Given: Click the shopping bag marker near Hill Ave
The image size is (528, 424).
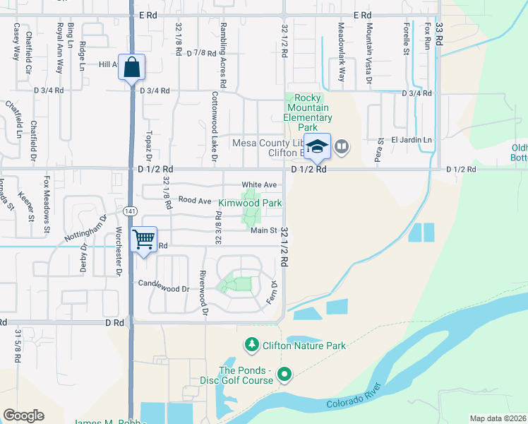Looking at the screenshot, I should pyautogui.click(x=131, y=69).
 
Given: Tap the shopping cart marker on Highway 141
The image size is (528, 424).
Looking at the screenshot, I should pyautogui.click(x=144, y=240).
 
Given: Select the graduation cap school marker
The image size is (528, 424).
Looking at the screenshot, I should pyautogui.click(x=318, y=147).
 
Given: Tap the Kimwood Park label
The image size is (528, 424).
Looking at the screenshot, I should pyautogui.click(x=250, y=203).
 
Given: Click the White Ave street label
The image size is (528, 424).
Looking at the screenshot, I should pyautogui.click(x=259, y=185).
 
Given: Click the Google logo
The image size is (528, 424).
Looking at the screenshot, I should pyautogui.click(x=23, y=416).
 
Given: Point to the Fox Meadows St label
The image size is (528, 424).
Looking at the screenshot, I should pyautogui.click(x=47, y=204).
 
